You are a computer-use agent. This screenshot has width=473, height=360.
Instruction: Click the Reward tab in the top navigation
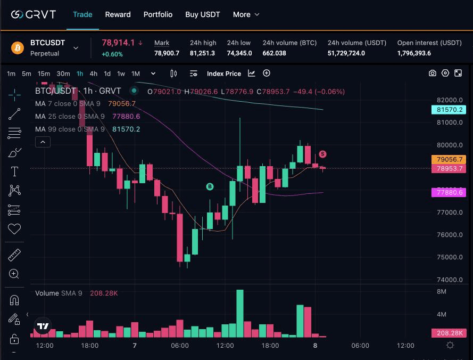[118, 14]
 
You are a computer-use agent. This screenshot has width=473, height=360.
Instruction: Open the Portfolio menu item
[158, 14]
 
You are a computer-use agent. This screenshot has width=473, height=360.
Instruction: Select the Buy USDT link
[203, 14]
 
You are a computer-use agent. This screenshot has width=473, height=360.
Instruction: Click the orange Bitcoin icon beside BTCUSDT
[18, 47]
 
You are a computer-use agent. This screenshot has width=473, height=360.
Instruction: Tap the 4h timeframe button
[94, 73]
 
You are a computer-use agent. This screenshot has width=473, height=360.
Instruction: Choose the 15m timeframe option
[44, 73]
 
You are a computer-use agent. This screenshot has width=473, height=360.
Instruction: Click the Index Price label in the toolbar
[224, 73]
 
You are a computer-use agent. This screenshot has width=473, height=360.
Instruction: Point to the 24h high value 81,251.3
[203, 53]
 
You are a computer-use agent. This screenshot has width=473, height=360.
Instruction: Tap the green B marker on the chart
[210, 186]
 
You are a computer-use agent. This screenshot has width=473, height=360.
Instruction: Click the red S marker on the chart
[322, 154]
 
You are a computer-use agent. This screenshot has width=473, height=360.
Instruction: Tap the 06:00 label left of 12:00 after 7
[180, 346]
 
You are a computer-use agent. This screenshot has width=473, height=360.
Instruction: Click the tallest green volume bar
[240, 313]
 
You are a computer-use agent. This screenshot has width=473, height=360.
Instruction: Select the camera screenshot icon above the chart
[433, 73]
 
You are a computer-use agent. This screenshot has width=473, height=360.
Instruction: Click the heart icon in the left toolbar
[14, 229]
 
